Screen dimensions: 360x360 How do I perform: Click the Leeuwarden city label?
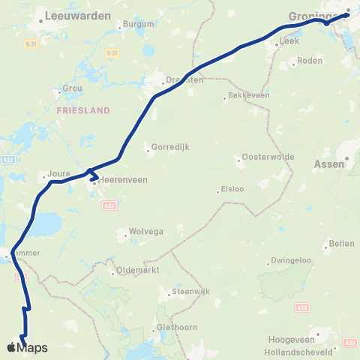[x=78, y=15]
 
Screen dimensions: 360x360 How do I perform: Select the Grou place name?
[x=73, y=87]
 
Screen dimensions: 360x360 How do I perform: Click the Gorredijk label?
[x=166, y=147]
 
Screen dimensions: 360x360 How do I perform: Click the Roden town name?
[x=309, y=61]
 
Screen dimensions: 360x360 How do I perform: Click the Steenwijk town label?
[x=190, y=291]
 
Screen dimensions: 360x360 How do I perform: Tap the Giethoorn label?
[x=176, y=328]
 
